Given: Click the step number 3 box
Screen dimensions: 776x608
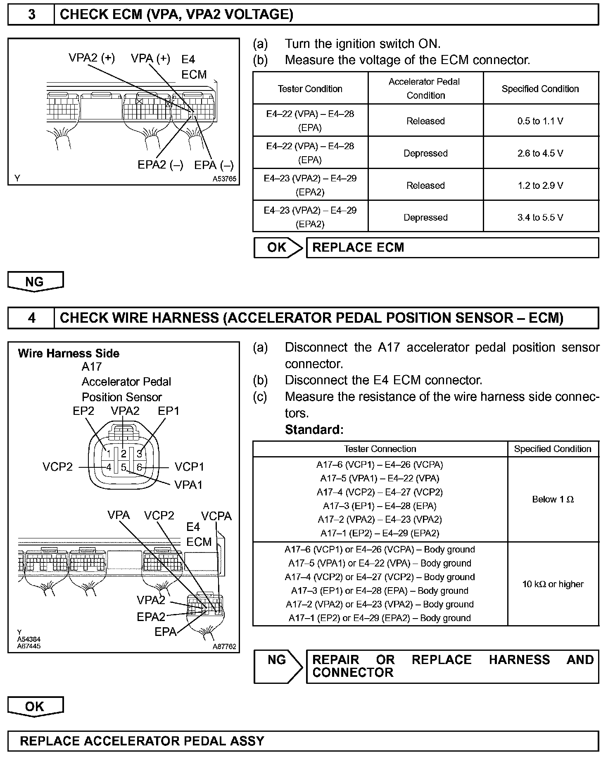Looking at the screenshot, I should click(31, 14).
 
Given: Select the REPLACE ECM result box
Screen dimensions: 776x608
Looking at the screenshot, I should click(452, 248).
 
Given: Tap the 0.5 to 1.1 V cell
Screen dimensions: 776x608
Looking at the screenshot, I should click(540, 121).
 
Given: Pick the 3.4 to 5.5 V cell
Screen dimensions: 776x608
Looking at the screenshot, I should click(540, 217).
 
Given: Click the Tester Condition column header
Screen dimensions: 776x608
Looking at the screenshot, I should click(310, 89).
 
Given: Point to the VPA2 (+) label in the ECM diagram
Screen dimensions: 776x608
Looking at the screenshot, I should click(92, 58).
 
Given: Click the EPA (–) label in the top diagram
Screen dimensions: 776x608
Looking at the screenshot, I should click(214, 165).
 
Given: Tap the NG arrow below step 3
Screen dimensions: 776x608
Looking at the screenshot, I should click(36, 282).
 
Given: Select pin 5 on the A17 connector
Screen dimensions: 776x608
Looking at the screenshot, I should click(123, 468).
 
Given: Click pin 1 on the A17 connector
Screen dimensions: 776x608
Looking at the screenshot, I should click(109, 454).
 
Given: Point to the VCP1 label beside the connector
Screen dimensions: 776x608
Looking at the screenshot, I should click(189, 467).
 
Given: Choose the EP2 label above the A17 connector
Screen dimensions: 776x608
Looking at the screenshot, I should click(83, 411).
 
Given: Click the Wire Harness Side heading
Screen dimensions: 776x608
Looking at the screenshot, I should click(69, 353).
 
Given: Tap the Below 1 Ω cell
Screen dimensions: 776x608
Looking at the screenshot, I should click(553, 499).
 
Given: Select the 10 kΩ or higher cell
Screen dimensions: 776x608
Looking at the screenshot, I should click(553, 584).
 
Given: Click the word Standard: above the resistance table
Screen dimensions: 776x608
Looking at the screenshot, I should click(314, 430).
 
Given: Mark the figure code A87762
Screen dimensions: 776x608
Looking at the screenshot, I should click(224, 647).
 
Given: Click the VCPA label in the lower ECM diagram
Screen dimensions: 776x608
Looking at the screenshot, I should click(216, 516).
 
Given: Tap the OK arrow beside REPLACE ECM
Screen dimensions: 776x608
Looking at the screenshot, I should click(278, 248).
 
